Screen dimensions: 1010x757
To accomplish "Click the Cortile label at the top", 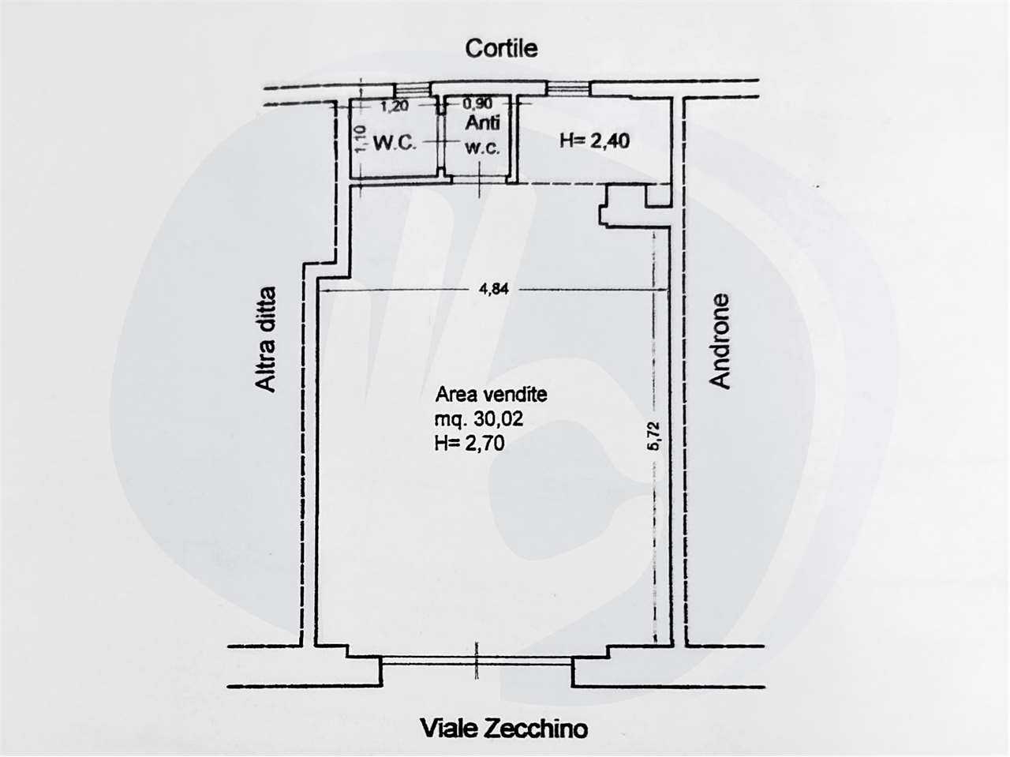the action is pyautogui.click(x=501, y=48).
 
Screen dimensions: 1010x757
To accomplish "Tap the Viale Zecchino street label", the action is pyautogui.click(x=504, y=729).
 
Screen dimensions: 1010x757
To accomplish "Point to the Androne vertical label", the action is pyautogui.click(x=719, y=341).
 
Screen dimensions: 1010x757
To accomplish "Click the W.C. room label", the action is pyautogui.click(x=395, y=143).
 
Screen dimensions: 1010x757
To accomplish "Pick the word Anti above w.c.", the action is pyautogui.click(x=482, y=123).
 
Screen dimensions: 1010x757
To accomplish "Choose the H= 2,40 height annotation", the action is pyautogui.click(x=594, y=141).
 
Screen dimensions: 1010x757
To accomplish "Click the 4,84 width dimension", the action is pyautogui.click(x=493, y=289).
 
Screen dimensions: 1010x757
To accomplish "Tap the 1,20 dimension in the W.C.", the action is pyautogui.click(x=395, y=106).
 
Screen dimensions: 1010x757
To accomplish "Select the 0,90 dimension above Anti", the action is pyautogui.click(x=477, y=103).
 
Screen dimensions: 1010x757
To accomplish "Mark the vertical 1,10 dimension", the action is pyautogui.click(x=361, y=138).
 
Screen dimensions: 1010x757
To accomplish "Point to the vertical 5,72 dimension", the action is pyautogui.click(x=655, y=437).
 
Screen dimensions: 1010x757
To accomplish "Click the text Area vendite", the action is pyautogui.click(x=492, y=395).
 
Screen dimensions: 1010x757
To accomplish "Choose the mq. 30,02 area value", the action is pyautogui.click(x=479, y=419).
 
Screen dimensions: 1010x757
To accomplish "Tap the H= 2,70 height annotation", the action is pyautogui.click(x=469, y=443).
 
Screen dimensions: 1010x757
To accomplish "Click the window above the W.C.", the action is pyautogui.click(x=413, y=89).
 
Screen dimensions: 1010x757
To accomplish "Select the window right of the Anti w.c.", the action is pyautogui.click(x=568, y=88).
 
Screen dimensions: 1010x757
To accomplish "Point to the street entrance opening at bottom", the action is pyautogui.click(x=477, y=661).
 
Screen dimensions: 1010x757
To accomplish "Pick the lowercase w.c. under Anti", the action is pyautogui.click(x=482, y=148).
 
